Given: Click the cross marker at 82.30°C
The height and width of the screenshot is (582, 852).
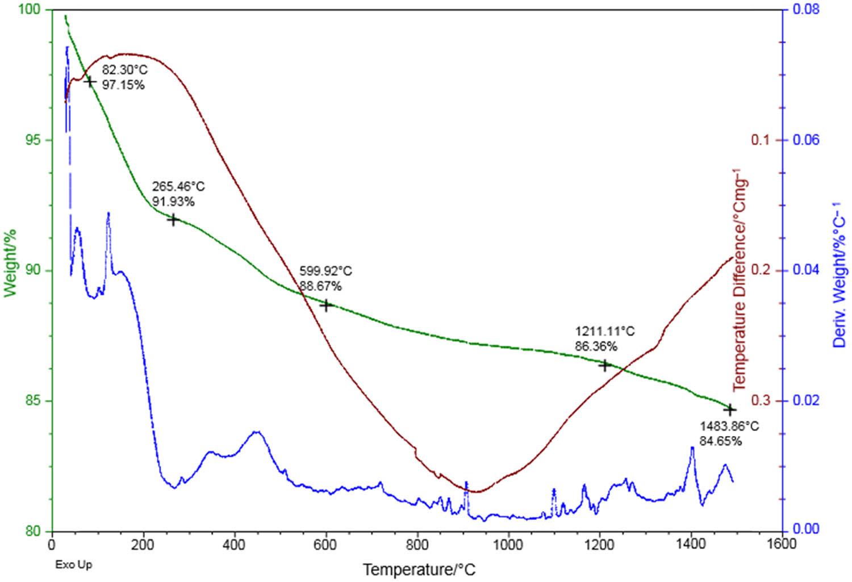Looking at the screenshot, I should (89, 82).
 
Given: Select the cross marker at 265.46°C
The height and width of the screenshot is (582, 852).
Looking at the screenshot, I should (174, 220).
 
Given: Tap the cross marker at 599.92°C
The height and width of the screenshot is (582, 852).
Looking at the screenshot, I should (326, 305).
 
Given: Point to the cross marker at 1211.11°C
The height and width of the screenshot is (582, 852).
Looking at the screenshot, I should (605, 366).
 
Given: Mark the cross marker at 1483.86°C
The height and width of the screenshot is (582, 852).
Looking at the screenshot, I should (730, 409).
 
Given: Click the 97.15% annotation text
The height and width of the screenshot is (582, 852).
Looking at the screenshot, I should (123, 86).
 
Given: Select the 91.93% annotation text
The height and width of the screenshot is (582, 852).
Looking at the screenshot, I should (173, 202).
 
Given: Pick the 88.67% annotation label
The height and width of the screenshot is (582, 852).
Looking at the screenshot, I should (321, 286).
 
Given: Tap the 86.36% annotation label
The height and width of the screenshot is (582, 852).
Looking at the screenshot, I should (596, 346).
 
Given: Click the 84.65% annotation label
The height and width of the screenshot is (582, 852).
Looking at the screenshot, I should (720, 441).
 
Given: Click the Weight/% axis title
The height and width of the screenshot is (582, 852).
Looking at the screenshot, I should (10, 263).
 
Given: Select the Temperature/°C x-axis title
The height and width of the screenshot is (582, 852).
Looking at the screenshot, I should (419, 570).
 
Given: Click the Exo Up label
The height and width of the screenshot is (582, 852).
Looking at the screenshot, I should (73, 564).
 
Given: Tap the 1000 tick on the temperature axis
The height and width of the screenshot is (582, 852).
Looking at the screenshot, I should (508, 544).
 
